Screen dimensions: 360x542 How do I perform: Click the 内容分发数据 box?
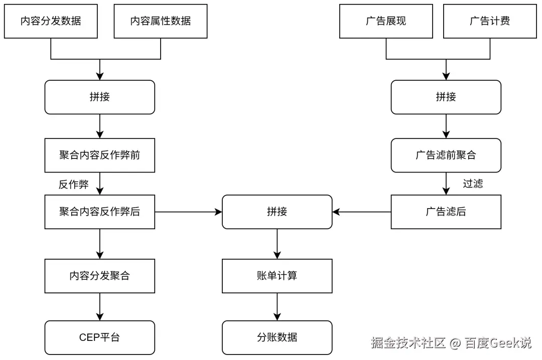51,21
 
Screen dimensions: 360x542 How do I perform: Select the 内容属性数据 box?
161,21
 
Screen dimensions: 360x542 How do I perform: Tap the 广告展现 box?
386,21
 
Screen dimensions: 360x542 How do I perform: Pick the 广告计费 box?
490,21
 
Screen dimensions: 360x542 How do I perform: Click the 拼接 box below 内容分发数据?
100,97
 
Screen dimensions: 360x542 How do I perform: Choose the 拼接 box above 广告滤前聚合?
446,97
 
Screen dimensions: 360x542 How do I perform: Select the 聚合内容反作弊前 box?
100,155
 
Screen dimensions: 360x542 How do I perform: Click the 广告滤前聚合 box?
446,155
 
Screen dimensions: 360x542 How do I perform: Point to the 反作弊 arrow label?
74,185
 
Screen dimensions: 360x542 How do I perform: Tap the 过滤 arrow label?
473,184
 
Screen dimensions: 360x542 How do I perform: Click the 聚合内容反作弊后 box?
100,212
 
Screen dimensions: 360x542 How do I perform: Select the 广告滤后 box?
446,212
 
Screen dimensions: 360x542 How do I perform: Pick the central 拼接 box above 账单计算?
277,212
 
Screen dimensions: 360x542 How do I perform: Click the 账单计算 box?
277,276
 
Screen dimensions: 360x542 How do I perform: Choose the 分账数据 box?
277,337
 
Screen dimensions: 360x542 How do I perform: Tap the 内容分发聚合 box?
100,276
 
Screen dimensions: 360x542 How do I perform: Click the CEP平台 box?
100,337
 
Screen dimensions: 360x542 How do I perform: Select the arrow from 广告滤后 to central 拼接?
361,212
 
